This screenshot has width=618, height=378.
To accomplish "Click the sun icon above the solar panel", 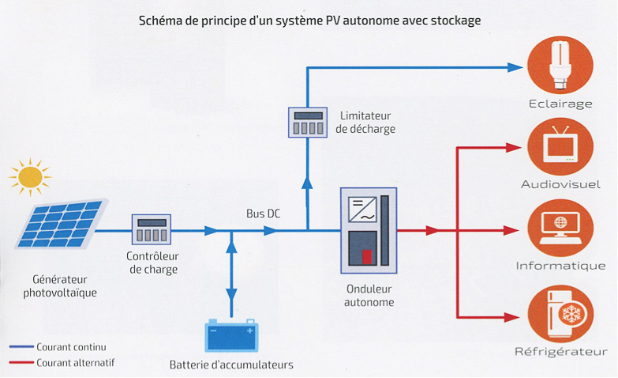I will (x=30, y=177).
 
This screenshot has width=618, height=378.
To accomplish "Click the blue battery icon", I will (x=231, y=337).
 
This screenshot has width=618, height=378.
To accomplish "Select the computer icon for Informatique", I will (x=560, y=228).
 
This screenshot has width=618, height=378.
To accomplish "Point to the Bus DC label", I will (x=263, y=214).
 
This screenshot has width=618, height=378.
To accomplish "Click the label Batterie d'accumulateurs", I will (x=231, y=365).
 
